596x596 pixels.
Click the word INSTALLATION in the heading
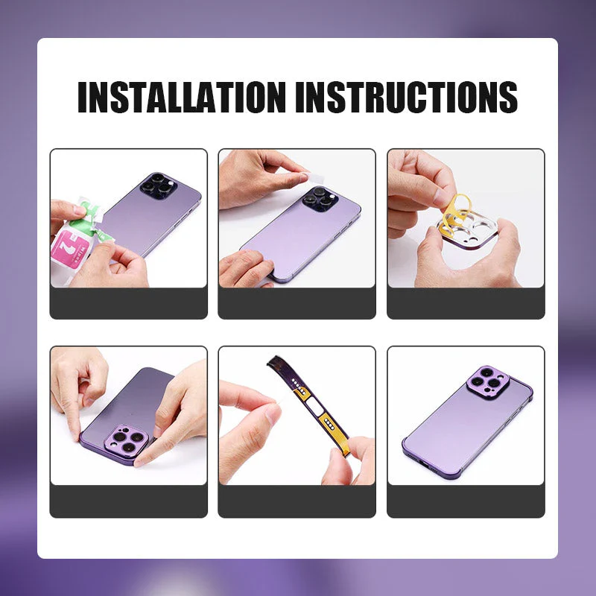pyautogui.click(x=182, y=97)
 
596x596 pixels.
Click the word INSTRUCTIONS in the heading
pyautogui.click(x=407, y=97)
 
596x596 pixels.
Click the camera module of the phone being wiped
pyautogui.click(x=158, y=186)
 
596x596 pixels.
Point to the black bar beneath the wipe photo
pyautogui.click(x=128, y=303)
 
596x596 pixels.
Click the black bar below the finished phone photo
pyautogui.click(x=466, y=501)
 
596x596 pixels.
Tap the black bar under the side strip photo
pyautogui.click(x=297, y=501)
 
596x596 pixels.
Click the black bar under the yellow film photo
pyautogui.click(x=466, y=303)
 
